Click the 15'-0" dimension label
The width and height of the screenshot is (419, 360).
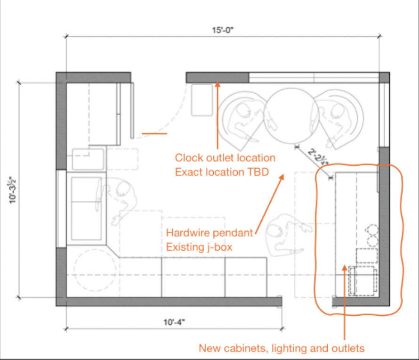point(223,30)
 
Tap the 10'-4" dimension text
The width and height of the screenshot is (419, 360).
point(174,322)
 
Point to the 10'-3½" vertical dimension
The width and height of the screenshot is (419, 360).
point(12,190)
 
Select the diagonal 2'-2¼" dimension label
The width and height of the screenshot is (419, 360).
point(318,156)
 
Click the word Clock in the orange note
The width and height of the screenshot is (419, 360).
point(189,158)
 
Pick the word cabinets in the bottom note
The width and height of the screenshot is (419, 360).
point(246,348)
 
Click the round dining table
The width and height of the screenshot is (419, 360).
point(291,115)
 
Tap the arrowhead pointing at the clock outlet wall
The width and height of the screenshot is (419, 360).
point(218,84)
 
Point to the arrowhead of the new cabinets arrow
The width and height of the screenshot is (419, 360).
point(345,268)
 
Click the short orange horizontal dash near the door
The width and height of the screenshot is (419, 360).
point(154,133)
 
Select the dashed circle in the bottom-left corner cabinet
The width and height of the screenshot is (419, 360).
point(95,270)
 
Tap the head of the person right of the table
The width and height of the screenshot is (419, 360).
point(337,110)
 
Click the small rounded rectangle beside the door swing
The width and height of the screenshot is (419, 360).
point(202,100)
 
